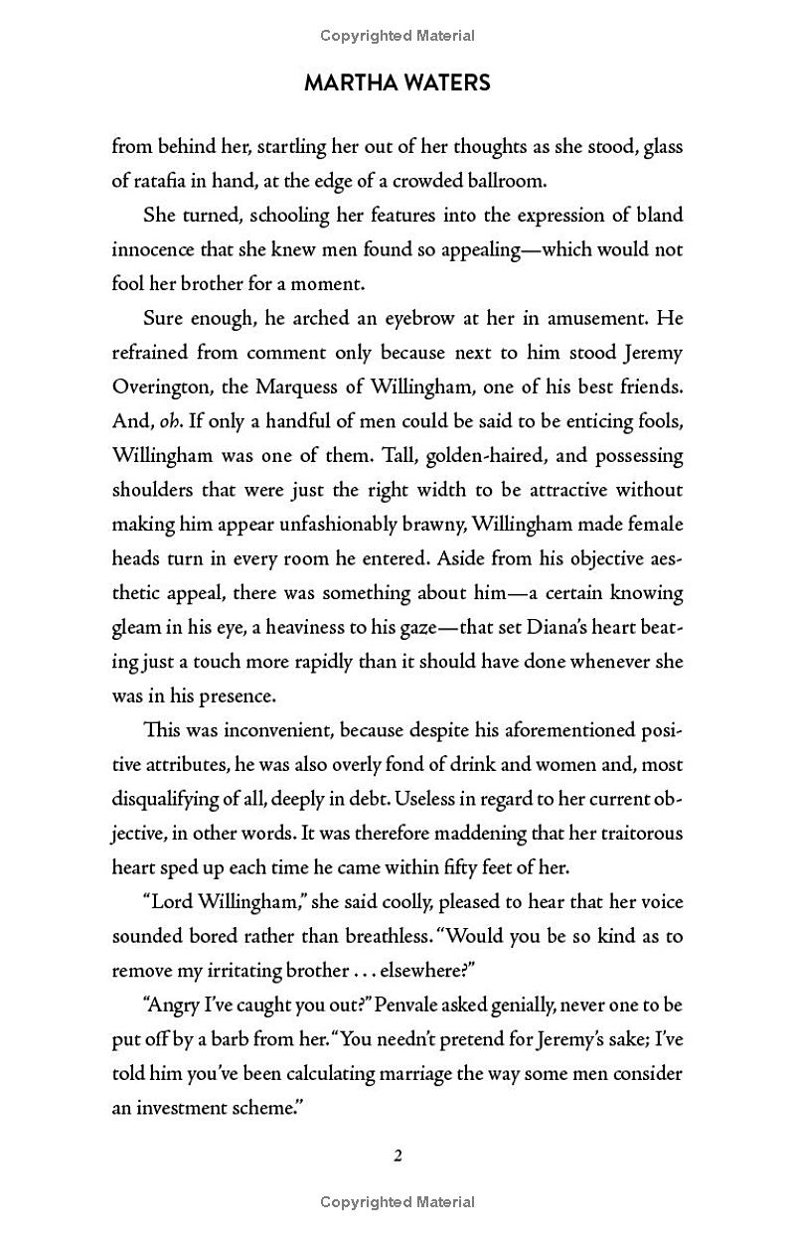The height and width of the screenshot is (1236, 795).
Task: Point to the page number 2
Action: [397, 1156]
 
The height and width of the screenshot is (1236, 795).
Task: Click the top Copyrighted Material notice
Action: [397, 36]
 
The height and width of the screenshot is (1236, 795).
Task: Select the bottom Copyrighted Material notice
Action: [397, 1202]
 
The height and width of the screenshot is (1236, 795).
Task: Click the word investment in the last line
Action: [183, 1108]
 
